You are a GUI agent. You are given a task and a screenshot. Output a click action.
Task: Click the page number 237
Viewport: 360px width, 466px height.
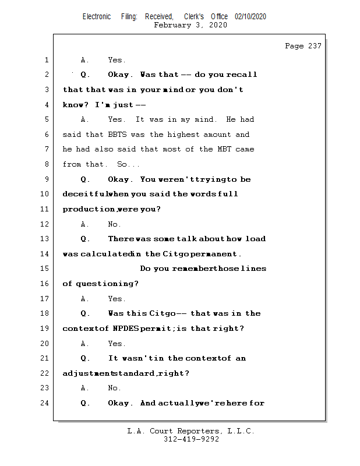pos(315,46)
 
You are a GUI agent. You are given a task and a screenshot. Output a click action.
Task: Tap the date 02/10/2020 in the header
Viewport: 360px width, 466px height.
pos(250,17)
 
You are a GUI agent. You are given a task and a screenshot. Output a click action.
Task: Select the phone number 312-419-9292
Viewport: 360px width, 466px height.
pos(191,439)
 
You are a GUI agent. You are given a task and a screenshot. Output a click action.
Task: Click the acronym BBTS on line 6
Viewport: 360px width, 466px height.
pos(117,135)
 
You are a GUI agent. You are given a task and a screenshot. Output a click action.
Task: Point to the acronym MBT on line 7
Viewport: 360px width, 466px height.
pos(224,149)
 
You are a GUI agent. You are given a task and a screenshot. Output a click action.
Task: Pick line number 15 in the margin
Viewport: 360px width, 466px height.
pos(44,269)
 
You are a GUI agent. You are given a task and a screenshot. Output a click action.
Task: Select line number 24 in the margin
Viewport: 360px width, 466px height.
pos(44,403)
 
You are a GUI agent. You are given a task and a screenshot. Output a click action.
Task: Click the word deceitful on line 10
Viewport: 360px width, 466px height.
pos(84,194)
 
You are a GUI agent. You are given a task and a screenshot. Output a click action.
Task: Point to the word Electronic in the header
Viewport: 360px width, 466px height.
pos(97,17)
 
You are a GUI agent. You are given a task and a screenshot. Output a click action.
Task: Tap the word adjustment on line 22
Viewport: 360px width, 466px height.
pos(84,373)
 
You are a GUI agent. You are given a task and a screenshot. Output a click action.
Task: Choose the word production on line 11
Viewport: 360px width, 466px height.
pos(89,209)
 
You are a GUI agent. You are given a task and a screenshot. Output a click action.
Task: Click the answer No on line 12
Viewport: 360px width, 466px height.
pos(114,224)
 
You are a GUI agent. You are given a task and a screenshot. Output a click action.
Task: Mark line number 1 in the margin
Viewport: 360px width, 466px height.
pos(47,60)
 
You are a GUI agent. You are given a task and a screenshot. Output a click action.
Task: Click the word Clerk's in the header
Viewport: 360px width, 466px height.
pos(194,17)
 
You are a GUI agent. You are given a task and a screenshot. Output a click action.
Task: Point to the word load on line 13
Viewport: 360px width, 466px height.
pos(255,239)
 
